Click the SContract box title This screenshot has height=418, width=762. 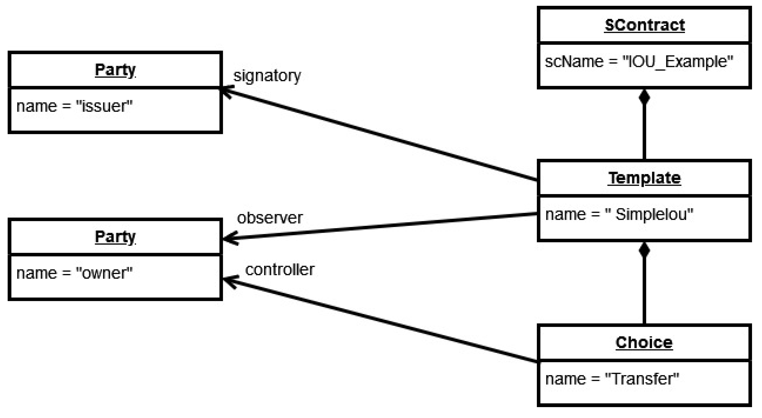(644, 25)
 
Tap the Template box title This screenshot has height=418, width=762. (644, 178)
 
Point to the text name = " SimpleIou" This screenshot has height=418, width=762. (619, 214)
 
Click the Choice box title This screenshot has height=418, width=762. (644, 343)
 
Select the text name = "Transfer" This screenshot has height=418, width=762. (612, 379)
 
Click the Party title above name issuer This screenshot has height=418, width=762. (115, 70)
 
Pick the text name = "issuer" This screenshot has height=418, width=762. (74, 106)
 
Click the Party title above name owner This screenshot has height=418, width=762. (115, 237)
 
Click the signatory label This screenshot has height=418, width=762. (267, 76)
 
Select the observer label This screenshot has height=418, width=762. (269, 218)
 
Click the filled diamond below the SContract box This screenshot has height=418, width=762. (644, 98)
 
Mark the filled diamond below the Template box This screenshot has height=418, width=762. (644, 251)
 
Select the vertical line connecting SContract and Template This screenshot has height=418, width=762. (644, 133)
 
